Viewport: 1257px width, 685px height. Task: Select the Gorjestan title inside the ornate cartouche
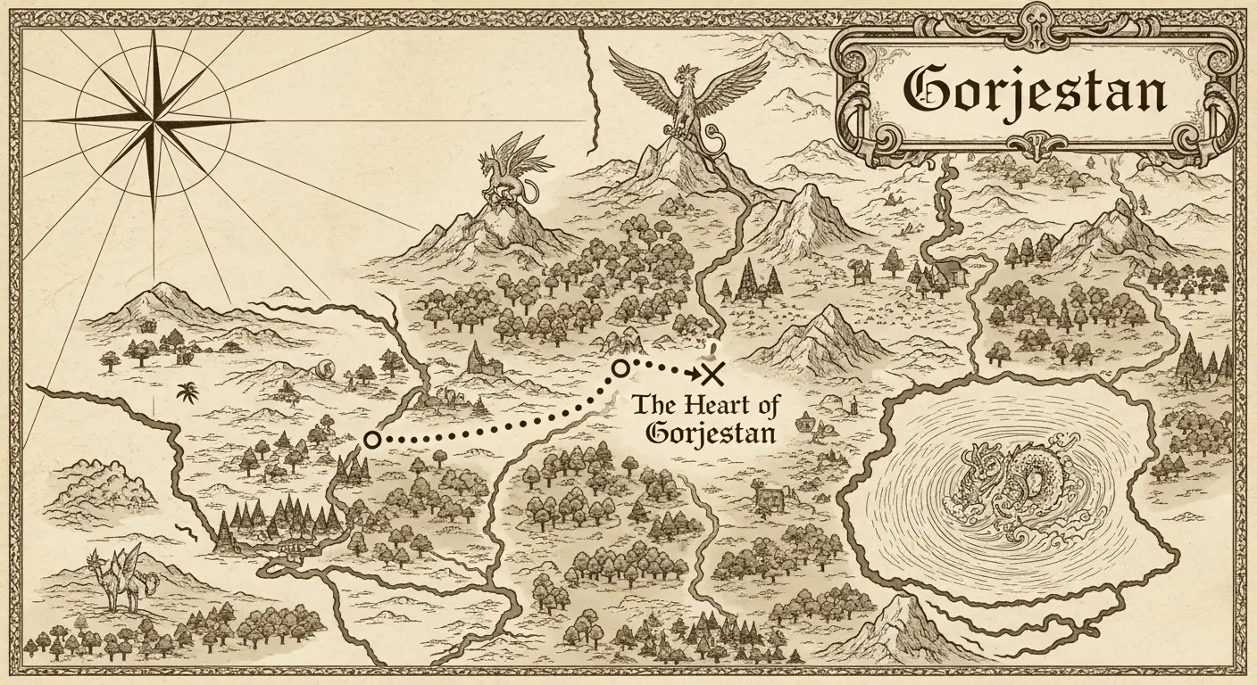click(x=1034, y=89)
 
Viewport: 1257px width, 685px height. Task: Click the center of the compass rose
click(x=153, y=119)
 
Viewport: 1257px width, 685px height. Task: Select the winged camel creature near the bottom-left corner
click(x=122, y=579)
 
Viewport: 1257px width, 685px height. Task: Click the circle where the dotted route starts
click(x=372, y=439)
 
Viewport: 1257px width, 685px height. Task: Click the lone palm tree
click(x=188, y=392)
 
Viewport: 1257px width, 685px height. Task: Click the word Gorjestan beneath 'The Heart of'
click(x=711, y=433)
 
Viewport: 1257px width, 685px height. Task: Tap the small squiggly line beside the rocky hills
click(x=187, y=532)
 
